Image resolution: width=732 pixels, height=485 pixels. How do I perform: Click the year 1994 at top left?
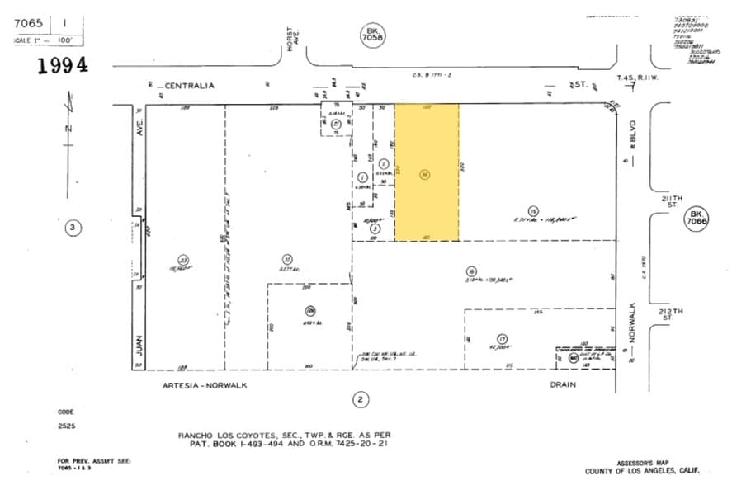pyautogui.click(x=62, y=67)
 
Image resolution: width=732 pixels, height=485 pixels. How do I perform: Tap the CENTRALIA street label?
pyautogui.click(x=189, y=85)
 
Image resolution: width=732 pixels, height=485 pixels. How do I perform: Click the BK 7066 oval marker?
pyautogui.click(x=696, y=219)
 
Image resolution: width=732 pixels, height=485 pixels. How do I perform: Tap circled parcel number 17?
pyautogui.click(x=501, y=338)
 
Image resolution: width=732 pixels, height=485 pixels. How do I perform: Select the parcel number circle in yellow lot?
pyautogui.click(x=424, y=174)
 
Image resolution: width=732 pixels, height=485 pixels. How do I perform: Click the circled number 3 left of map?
pyautogui.click(x=74, y=227)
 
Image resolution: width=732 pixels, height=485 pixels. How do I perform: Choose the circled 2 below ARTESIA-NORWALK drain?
pyautogui.click(x=361, y=400)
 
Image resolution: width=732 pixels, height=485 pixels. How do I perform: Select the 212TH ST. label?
pyautogui.click(x=672, y=314)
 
